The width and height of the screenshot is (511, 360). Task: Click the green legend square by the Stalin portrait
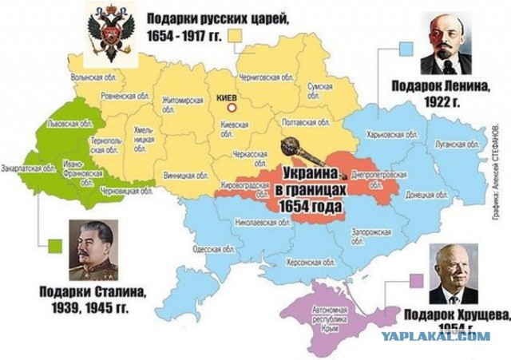(55, 245)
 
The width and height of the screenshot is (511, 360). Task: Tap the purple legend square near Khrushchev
(415, 279)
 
